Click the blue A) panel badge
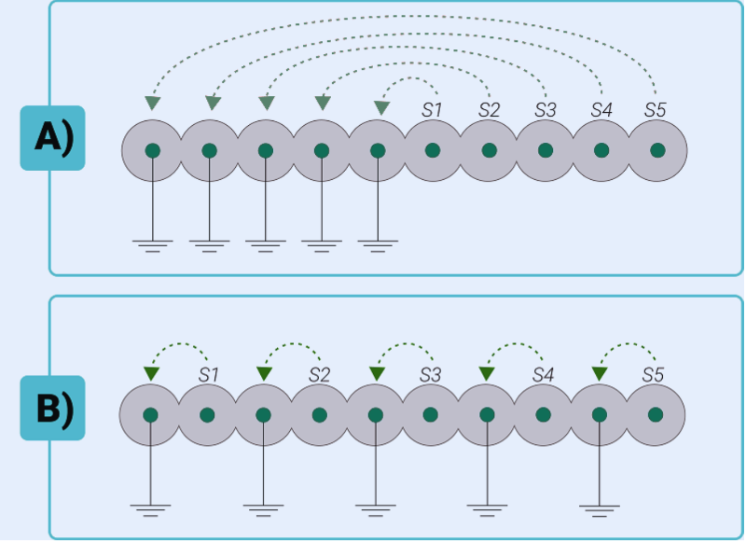[x=52, y=138]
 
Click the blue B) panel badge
[x=52, y=409]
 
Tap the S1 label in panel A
[x=431, y=109]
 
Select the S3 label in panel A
[x=545, y=109]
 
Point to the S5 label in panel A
[x=656, y=109]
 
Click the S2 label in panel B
[x=320, y=375]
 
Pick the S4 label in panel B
[x=544, y=375]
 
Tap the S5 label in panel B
[x=655, y=375]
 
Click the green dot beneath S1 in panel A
[x=433, y=150]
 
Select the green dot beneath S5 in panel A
[x=657, y=150]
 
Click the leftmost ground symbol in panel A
[x=152, y=246]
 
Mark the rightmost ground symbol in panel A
[x=378, y=246]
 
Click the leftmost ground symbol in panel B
[x=150, y=510]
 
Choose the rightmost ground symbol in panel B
[x=600, y=510]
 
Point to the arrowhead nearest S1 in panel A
[x=380, y=108]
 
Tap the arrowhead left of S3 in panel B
[x=376, y=373]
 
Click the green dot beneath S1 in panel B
[x=207, y=415]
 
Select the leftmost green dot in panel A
[x=152, y=150]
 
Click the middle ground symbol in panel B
[x=375, y=510]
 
